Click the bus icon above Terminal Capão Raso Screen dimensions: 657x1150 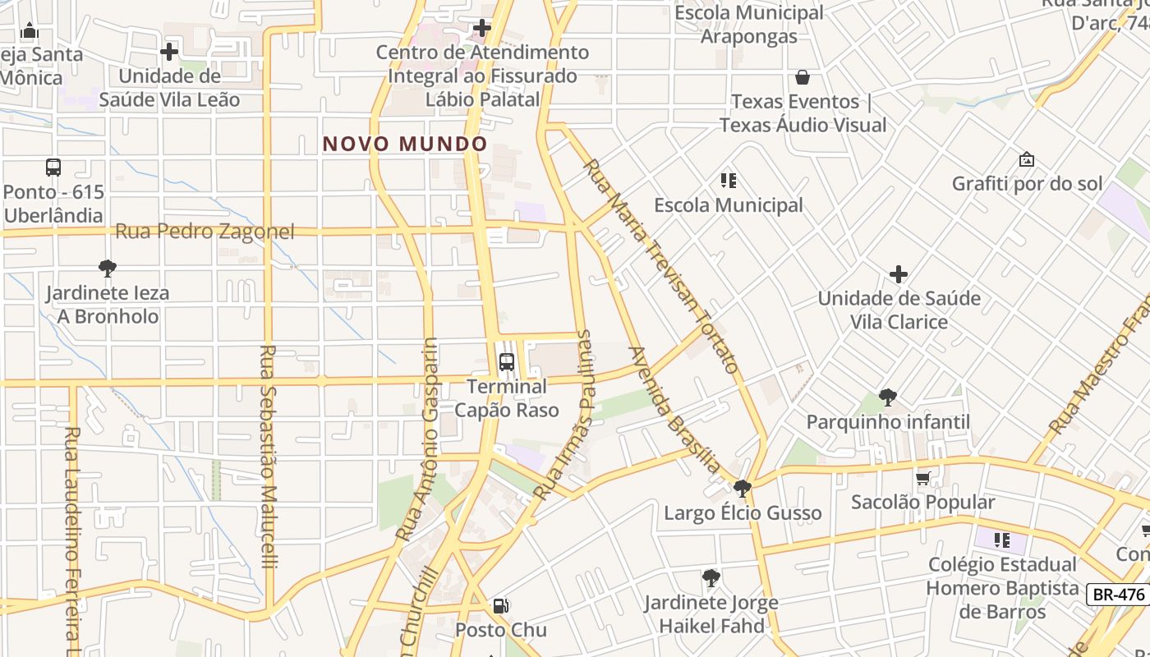(x=507, y=361)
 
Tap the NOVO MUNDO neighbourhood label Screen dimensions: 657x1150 (x=405, y=145)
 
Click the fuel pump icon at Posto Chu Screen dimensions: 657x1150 (x=499, y=607)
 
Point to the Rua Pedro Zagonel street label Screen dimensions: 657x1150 (x=205, y=232)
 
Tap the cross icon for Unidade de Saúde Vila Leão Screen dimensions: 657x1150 (x=169, y=52)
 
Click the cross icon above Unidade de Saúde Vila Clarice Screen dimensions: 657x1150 (x=899, y=273)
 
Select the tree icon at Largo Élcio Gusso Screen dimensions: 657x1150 (x=743, y=489)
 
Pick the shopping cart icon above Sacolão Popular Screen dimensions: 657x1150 (x=922, y=478)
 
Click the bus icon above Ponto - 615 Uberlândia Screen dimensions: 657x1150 (x=53, y=168)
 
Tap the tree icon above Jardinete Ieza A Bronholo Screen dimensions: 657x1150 (x=107, y=268)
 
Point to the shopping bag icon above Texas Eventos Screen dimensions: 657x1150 (x=803, y=77)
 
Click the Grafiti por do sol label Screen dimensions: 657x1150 (x=1027, y=184)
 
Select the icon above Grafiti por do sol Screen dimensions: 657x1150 (x=1026, y=159)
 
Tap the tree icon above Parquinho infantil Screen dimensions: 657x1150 (x=887, y=397)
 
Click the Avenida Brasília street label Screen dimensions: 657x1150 (x=674, y=411)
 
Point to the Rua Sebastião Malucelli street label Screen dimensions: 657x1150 (x=269, y=456)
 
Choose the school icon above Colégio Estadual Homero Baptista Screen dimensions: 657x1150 (x=1001, y=540)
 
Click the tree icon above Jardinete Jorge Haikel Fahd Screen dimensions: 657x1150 (x=711, y=578)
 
